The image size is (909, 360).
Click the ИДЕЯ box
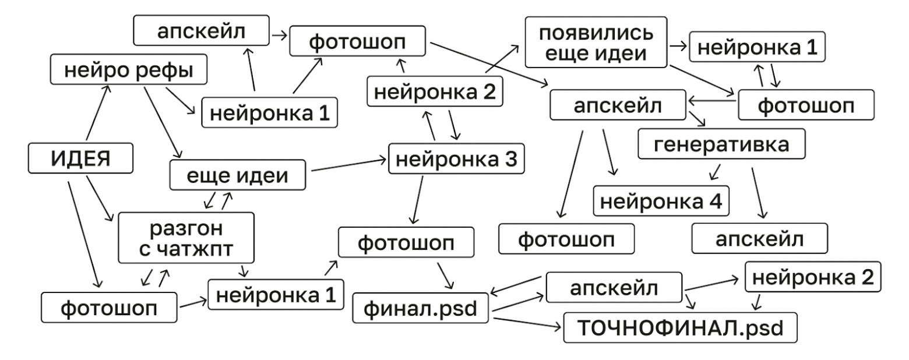(80, 158)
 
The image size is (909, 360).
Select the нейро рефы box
(128, 70)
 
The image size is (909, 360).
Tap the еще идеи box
(237, 175)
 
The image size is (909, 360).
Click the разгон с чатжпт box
(186, 238)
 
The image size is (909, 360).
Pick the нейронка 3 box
(456, 158)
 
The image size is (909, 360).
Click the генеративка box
(721, 144)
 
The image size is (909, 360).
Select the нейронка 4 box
(661, 201)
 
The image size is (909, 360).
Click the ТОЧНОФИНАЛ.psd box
(679, 327)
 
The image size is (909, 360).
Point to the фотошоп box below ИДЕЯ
(109, 307)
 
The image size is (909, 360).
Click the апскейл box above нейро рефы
(202, 31)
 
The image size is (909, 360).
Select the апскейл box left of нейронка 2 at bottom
(614, 287)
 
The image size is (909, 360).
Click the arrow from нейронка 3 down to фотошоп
(417, 198)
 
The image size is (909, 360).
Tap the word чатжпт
(195, 249)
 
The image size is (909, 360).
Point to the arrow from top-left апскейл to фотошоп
(279, 35)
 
